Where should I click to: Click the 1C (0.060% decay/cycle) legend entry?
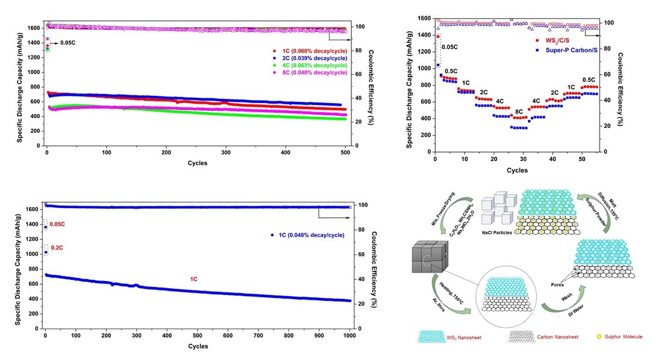pos(310,51)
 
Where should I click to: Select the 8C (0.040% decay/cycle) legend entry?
pos(310,72)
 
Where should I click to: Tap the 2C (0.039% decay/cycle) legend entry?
pos(310,58)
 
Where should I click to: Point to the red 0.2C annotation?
pos(57,248)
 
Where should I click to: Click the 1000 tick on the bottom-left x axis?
pos(350,335)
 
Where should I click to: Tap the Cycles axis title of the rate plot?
pos(517,170)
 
